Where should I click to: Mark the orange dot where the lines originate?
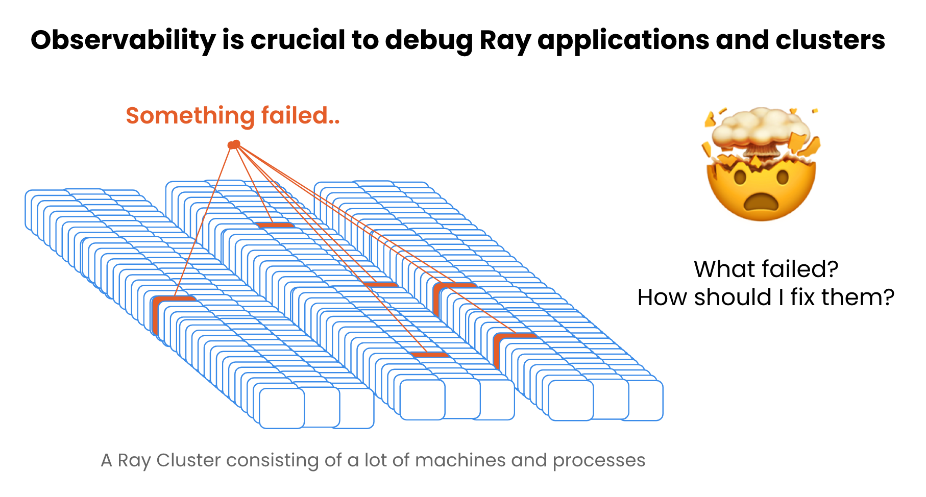point(234,145)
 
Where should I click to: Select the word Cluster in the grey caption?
point(189,460)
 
